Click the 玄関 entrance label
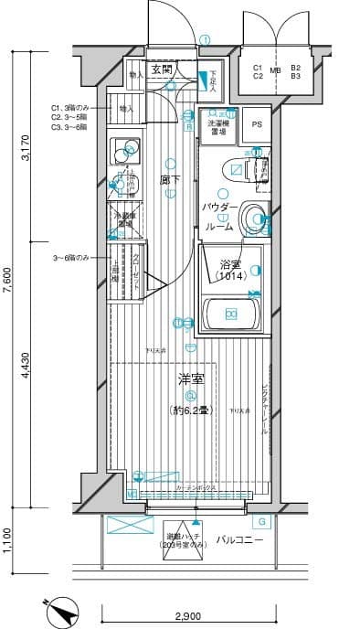[x=161, y=69]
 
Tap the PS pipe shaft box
[x=256, y=125]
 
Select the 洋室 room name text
[x=189, y=378]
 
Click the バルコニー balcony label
[x=240, y=540]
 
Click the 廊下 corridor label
[x=168, y=181]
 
